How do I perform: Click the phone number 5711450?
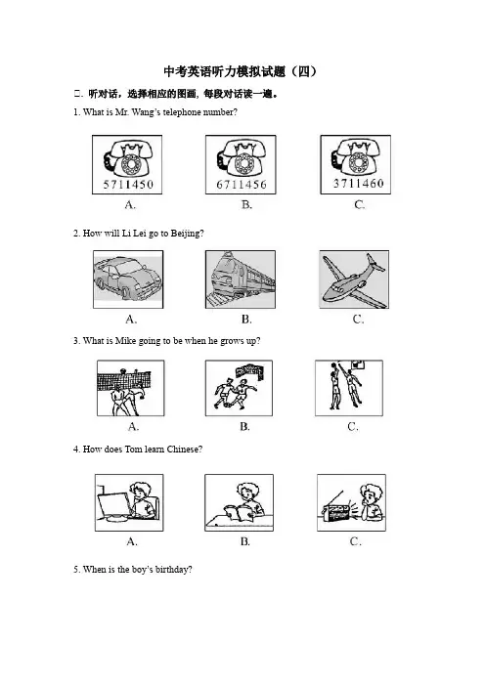(x=128, y=184)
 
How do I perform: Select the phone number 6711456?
(x=242, y=185)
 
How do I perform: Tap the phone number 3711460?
(x=359, y=184)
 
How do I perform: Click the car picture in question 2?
(x=128, y=279)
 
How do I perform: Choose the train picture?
(x=241, y=279)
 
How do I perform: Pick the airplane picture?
(x=354, y=279)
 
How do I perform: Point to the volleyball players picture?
(x=130, y=388)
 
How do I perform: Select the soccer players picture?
(x=239, y=388)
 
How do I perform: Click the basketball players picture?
(x=349, y=388)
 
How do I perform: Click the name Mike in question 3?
(x=125, y=341)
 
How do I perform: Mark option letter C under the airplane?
(x=358, y=320)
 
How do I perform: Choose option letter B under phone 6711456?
(x=246, y=204)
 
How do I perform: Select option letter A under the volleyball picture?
(x=133, y=427)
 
